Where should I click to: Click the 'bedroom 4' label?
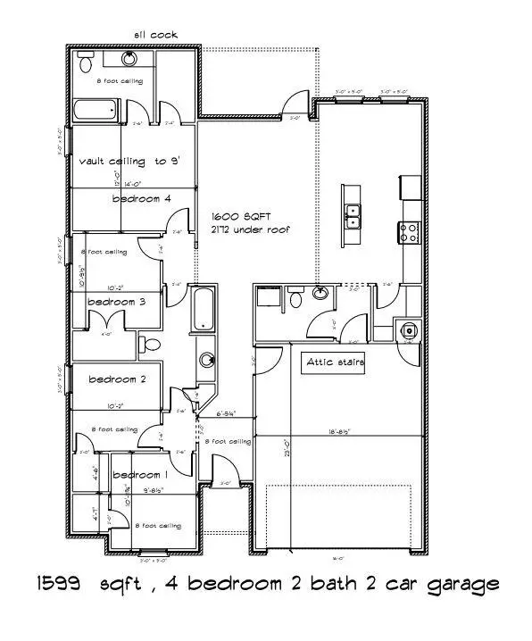click(x=141, y=199)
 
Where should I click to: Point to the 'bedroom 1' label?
click(x=138, y=475)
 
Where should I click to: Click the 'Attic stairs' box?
click(x=336, y=363)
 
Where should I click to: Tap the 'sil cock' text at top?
click(x=156, y=35)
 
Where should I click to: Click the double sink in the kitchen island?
click(x=354, y=216)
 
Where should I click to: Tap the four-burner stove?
click(x=411, y=232)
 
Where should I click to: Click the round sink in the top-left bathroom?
click(x=129, y=59)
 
